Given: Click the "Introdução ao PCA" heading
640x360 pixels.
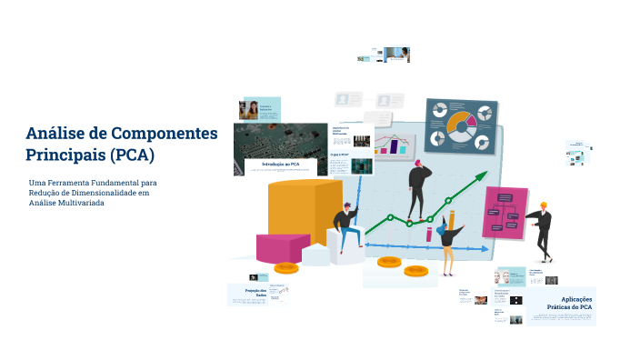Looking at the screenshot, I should [280, 164].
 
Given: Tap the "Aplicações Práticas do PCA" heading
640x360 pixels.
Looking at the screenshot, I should [576, 303].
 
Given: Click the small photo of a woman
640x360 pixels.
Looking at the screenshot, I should [248, 110].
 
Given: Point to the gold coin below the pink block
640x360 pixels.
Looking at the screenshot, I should [286, 267].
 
